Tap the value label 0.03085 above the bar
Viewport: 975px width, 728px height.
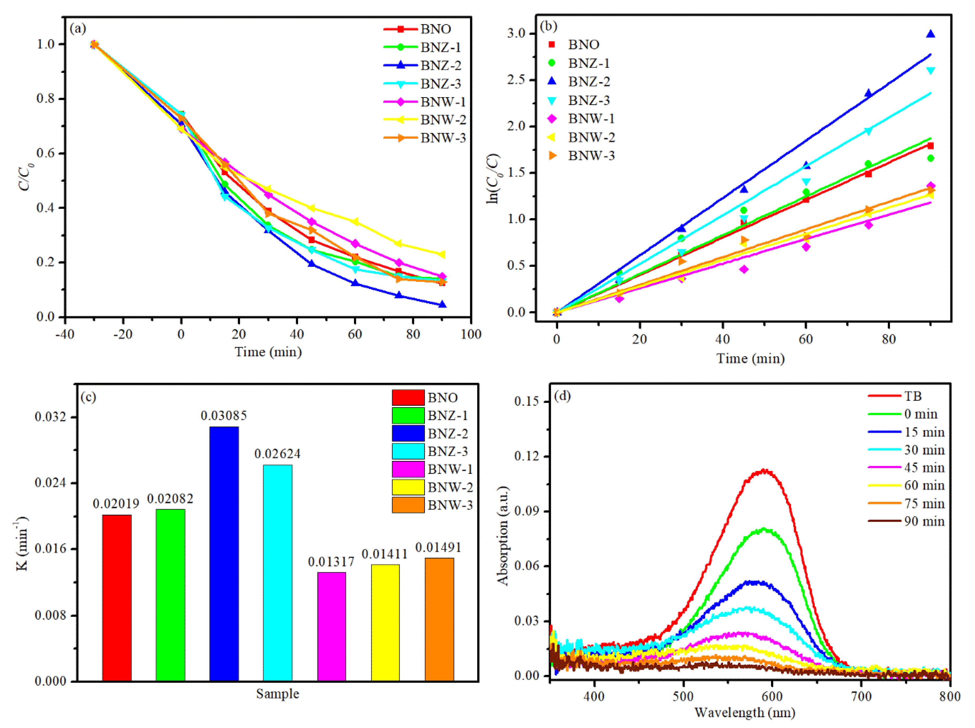tap(224, 415)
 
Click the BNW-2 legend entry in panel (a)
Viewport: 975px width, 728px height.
tap(443, 120)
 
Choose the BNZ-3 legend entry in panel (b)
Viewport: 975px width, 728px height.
tap(588, 101)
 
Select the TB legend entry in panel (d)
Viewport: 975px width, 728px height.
tap(912, 396)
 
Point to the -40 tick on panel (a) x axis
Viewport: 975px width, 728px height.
tap(65, 334)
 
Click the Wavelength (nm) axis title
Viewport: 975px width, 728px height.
tap(745, 712)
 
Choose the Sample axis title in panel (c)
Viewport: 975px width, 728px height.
tap(278, 694)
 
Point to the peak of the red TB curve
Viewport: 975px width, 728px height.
tap(763, 471)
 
